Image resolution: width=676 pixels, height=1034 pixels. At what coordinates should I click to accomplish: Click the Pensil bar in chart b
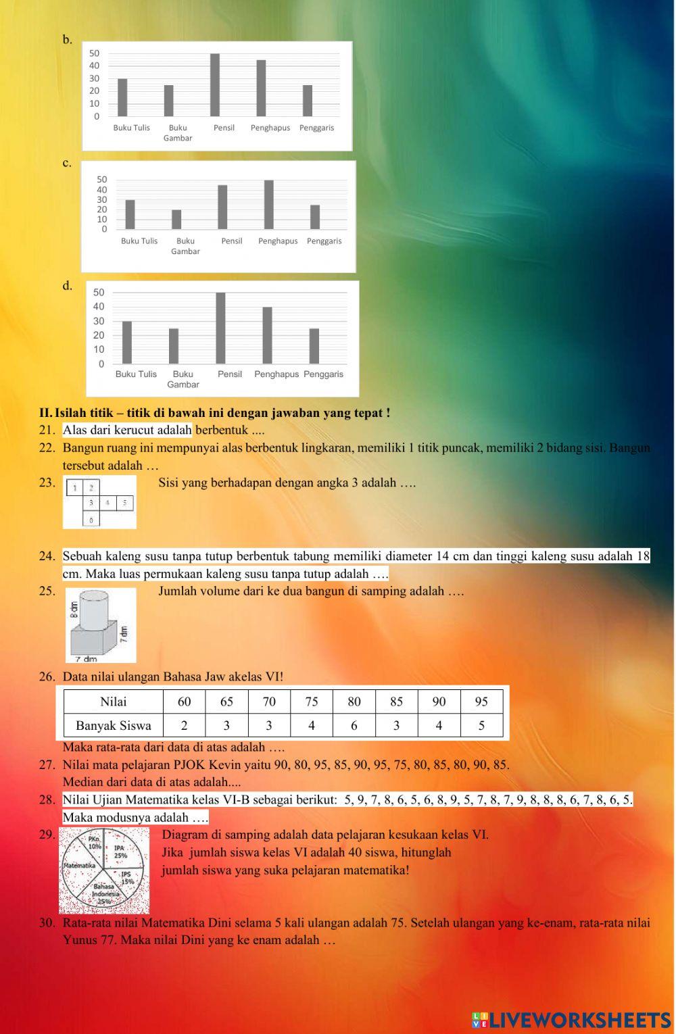(215, 85)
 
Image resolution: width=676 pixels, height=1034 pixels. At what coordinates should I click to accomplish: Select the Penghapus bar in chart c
(269, 205)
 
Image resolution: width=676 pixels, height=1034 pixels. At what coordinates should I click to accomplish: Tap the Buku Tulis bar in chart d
(126, 343)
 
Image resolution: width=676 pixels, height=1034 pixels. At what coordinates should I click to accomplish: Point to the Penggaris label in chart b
(316, 128)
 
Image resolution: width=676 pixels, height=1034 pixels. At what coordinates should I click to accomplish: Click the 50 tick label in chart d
(99, 293)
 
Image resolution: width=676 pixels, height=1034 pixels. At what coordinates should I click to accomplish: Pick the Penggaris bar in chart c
(315, 217)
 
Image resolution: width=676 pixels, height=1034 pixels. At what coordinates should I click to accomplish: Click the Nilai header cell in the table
(113, 701)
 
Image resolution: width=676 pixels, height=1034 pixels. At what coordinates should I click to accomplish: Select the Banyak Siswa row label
(113, 726)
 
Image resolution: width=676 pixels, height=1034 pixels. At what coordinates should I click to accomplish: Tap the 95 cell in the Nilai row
(481, 701)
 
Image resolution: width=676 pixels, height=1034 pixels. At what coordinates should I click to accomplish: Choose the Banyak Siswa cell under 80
(354, 726)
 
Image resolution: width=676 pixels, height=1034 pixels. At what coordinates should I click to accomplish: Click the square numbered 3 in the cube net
(91, 503)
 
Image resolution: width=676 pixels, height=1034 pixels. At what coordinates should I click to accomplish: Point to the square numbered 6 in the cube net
(91, 519)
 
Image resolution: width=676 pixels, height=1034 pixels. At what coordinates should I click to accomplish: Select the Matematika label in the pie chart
(78, 865)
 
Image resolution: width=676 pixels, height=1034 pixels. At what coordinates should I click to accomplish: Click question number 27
(47, 765)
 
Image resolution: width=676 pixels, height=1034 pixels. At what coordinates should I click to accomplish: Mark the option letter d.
(67, 286)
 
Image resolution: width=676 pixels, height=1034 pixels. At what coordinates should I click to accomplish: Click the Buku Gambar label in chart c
(185, 246)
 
